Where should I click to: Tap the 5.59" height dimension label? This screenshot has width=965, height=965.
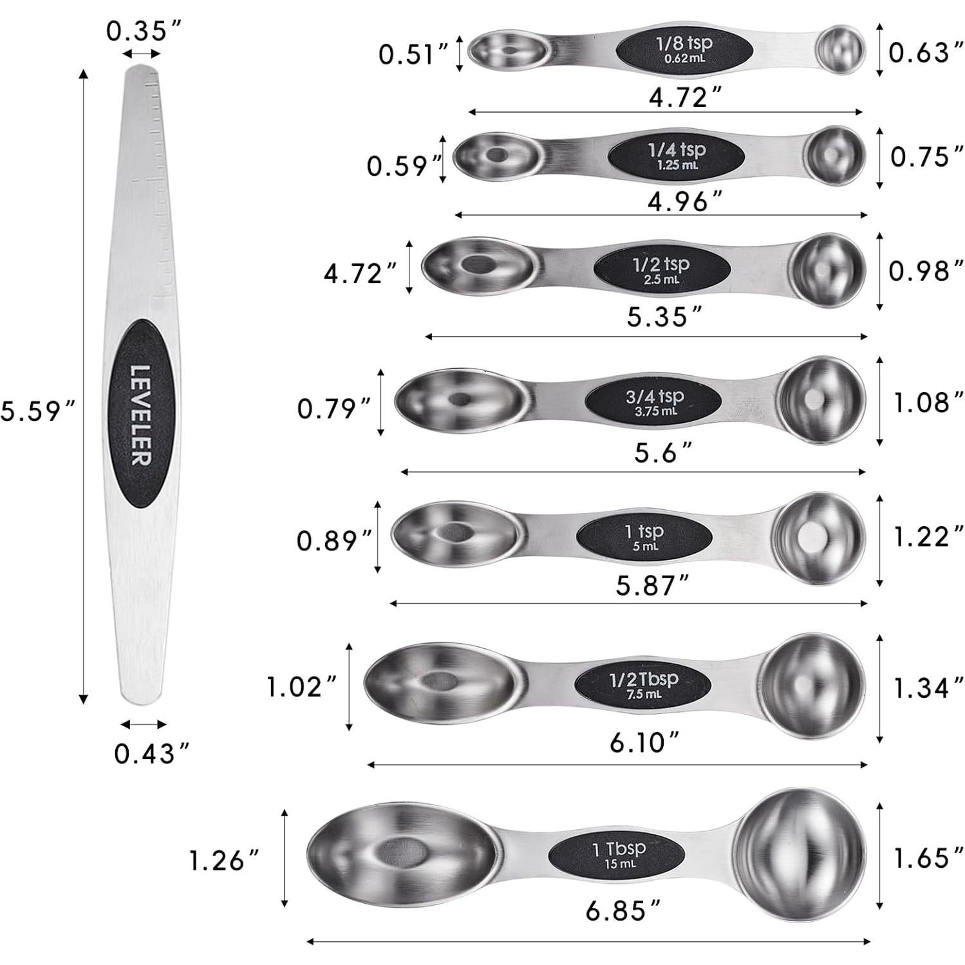click(x=38, y=411)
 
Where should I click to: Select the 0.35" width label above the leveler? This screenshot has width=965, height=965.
click(x=144, y=30)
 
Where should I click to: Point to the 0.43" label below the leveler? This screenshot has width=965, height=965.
click(x=152, y=753)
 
